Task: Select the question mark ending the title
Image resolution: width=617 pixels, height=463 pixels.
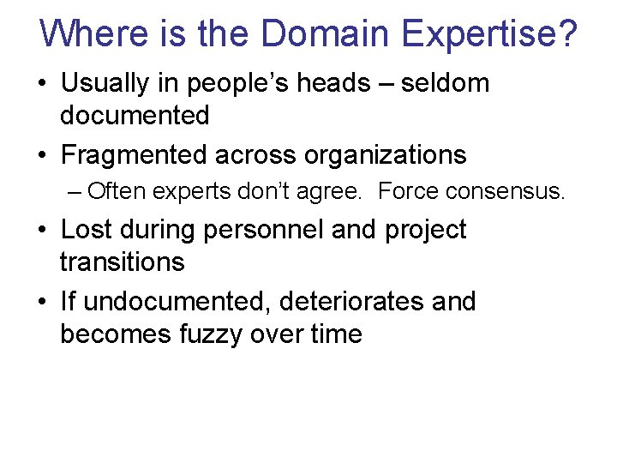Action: [568, 34]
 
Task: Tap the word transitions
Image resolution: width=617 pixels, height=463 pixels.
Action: [123, 262]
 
